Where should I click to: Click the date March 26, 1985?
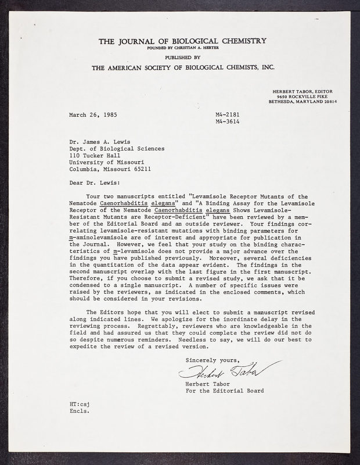pyautogui.click(x=93, y=115)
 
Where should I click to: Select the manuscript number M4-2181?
pyautogui.click(x=227, y=115)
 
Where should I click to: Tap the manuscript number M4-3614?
pyautogui.click(x=227, y=122)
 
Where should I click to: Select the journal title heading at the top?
pyautogui.click(x=183, y=41)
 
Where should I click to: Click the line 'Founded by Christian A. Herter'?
pyautogui.click(x=182, y=49)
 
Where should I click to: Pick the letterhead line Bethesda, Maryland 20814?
pyautogui.click(x=303, y=101)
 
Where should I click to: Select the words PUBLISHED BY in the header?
pyautogui.click(x=183, y=58)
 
